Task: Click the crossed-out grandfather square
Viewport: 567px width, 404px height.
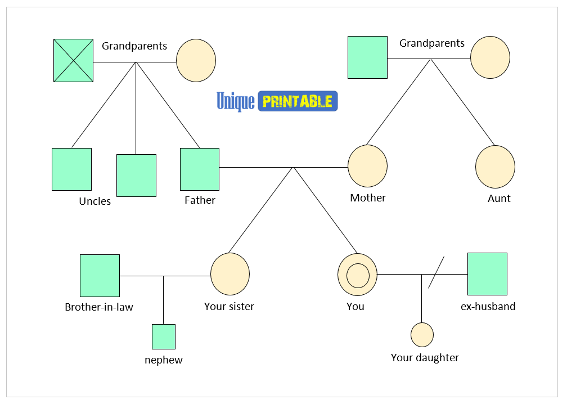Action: [x=73, y=60]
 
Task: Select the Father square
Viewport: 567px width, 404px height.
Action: [x=200, y=169]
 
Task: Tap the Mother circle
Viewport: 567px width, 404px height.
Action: [x=367, y=166]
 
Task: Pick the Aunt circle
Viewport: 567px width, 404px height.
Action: [x=495, y=167]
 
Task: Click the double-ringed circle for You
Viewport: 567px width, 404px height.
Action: [x=357, y=275]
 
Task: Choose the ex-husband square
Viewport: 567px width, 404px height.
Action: [x=487, y=274]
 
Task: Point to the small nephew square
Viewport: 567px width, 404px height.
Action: [x=164, y=336]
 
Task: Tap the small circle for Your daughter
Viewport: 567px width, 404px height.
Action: [x=422, y=335]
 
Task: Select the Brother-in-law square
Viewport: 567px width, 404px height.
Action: [x=100, y=275]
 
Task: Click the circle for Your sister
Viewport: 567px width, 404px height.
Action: [x=230, y=273]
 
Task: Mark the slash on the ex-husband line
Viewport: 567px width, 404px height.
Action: [x=436, y=273]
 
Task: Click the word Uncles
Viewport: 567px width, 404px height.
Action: [x=95, y=201]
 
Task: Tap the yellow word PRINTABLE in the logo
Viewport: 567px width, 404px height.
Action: [x=298, y=101]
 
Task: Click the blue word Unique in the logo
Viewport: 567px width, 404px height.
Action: [x=236, y=101]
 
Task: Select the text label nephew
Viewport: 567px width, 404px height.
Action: [x=164, y=360]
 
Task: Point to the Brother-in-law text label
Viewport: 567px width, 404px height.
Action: [x=99, y=307]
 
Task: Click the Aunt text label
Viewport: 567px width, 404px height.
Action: [x=499, y=199]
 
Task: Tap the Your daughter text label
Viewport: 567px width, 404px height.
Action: [x=425, y=358]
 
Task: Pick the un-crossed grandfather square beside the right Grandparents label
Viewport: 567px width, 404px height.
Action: [x=367, y=57]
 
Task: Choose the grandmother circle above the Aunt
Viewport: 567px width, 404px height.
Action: [x=490, y=57]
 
